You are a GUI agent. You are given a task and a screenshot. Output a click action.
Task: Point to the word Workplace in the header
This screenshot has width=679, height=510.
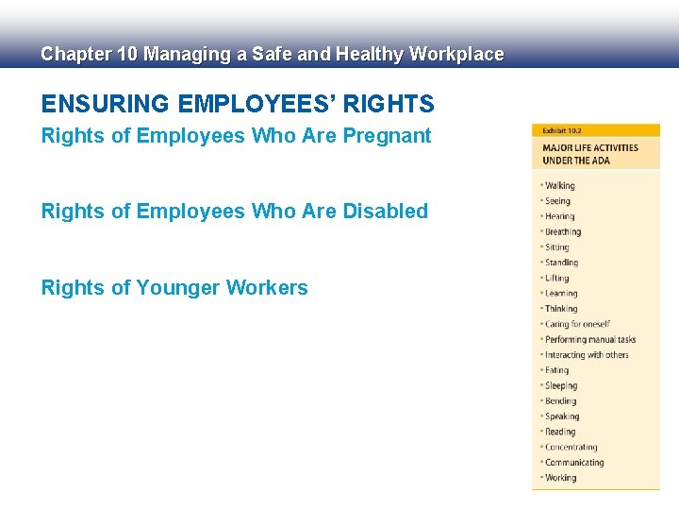click(457, 55)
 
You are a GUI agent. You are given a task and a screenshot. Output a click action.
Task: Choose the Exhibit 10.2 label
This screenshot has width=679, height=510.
click(561, 130)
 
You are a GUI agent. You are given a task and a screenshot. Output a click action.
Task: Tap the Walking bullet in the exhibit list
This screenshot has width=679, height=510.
click(559, 186)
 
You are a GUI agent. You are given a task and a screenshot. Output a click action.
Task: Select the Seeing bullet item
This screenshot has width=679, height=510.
click(557, 201)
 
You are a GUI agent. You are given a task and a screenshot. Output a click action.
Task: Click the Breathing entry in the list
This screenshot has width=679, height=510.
click(563, 232)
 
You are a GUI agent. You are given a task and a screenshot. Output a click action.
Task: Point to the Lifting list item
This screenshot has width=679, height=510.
click(557, 279)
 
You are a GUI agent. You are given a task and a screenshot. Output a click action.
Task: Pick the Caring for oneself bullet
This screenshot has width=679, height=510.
click(577, 325)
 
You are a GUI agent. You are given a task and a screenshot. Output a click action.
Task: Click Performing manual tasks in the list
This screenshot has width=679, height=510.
click(590, 340)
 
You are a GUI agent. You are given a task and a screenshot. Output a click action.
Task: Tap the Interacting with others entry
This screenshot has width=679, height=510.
click(587, 355)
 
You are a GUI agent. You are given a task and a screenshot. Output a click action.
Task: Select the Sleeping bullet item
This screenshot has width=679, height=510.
click(561, 386)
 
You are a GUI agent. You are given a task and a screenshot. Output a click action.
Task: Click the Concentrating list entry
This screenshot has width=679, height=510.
click(571, 448)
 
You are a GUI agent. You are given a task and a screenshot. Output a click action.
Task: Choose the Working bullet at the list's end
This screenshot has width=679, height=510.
click(560, 478)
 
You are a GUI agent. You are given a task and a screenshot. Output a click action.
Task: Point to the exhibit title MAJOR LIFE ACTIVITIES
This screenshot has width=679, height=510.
click(590, 148)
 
